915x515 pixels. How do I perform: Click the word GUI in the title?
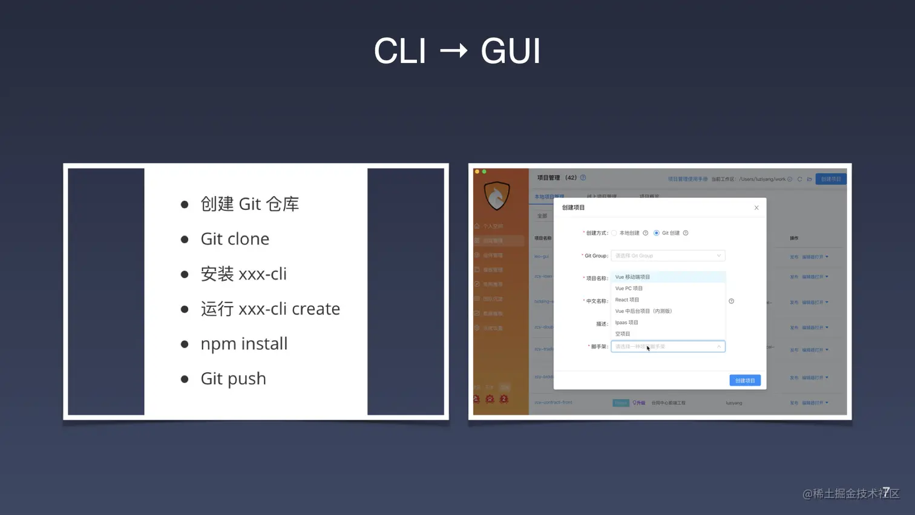[510, 51]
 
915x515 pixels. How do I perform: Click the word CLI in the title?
[400, 51]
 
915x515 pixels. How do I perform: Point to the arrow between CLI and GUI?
[454, 50]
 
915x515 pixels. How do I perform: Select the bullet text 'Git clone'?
[235, 239]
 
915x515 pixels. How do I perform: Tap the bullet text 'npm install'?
[244, 344]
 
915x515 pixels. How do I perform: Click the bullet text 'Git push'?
[233, 379]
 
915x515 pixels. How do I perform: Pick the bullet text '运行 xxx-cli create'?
[270, 309]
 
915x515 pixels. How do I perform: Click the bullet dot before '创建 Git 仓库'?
[185, 205]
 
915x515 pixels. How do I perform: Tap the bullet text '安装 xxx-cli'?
[243, 274]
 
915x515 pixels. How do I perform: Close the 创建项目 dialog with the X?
[756, 208]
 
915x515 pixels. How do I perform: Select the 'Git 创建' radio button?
[657, 233]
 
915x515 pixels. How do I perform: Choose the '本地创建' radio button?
[614, 233]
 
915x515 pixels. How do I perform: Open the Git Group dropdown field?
[667, 255]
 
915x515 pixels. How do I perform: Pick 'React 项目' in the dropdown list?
[627, 300]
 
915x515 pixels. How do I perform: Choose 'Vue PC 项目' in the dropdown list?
[629, 288]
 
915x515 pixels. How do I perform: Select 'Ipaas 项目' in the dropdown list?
[626, 323]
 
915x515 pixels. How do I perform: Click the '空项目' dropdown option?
[623, 334]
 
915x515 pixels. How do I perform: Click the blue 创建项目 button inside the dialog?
[745, 381]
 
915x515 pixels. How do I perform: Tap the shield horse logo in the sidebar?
[497, 195]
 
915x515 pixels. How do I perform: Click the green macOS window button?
[484, 172]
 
